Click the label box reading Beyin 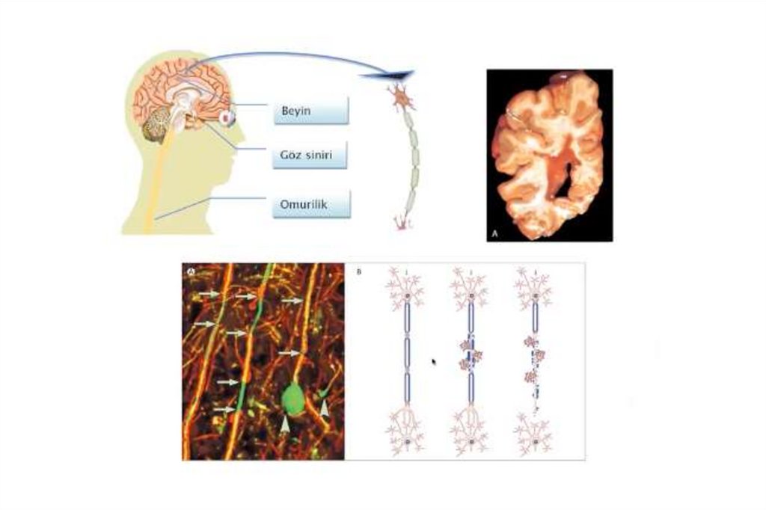pyautogui.click(x=310, y=111)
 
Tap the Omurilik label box pyautogui.click(x=311, y=203)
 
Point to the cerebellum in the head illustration pyautogui.click(x=158, y=125)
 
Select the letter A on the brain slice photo pyautogui.click(x=494, y=235)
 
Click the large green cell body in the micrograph pyautogui.click(x=292, y=399)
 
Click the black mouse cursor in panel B pyautogui.click(x=434, y=361)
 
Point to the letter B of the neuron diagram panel pyautogui.click(x=359, y=271)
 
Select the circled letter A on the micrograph pyautogui.click(x=191, y=271)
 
